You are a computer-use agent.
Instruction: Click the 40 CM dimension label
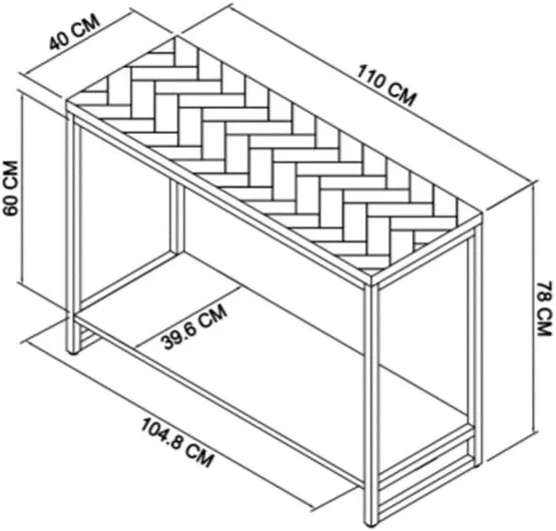[x=74, y=34]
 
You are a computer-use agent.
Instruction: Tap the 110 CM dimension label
[x=385, y=85]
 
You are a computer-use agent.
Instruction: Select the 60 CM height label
[x=10, y=188]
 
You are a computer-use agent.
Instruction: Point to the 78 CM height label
[x=544, y=308]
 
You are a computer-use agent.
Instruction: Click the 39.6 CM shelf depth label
[x=194, y=326]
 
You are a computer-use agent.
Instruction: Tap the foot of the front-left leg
[x=74, y=351]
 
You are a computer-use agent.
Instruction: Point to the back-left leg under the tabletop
[x=177, y=217]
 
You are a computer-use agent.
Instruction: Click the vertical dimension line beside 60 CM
[x=22, y=188]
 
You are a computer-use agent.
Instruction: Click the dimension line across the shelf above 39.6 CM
[x=189, y=316]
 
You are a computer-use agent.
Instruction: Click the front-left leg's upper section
[x=74, y=213]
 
